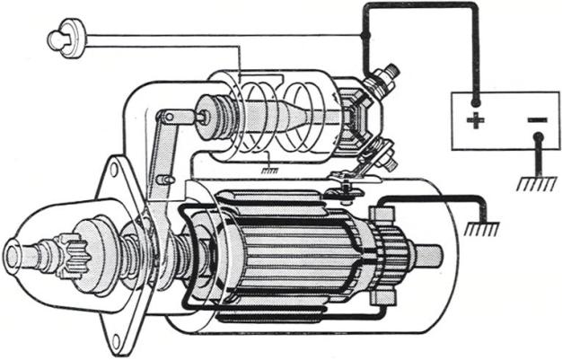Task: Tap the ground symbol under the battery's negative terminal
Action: tap(536, 182)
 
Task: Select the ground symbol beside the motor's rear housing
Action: tap(481, 229)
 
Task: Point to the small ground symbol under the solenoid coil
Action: tap(267, 168)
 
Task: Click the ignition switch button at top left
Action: tap(62, 38)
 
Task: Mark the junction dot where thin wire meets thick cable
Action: tap(363, 35)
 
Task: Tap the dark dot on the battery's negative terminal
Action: tap(537, 138)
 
